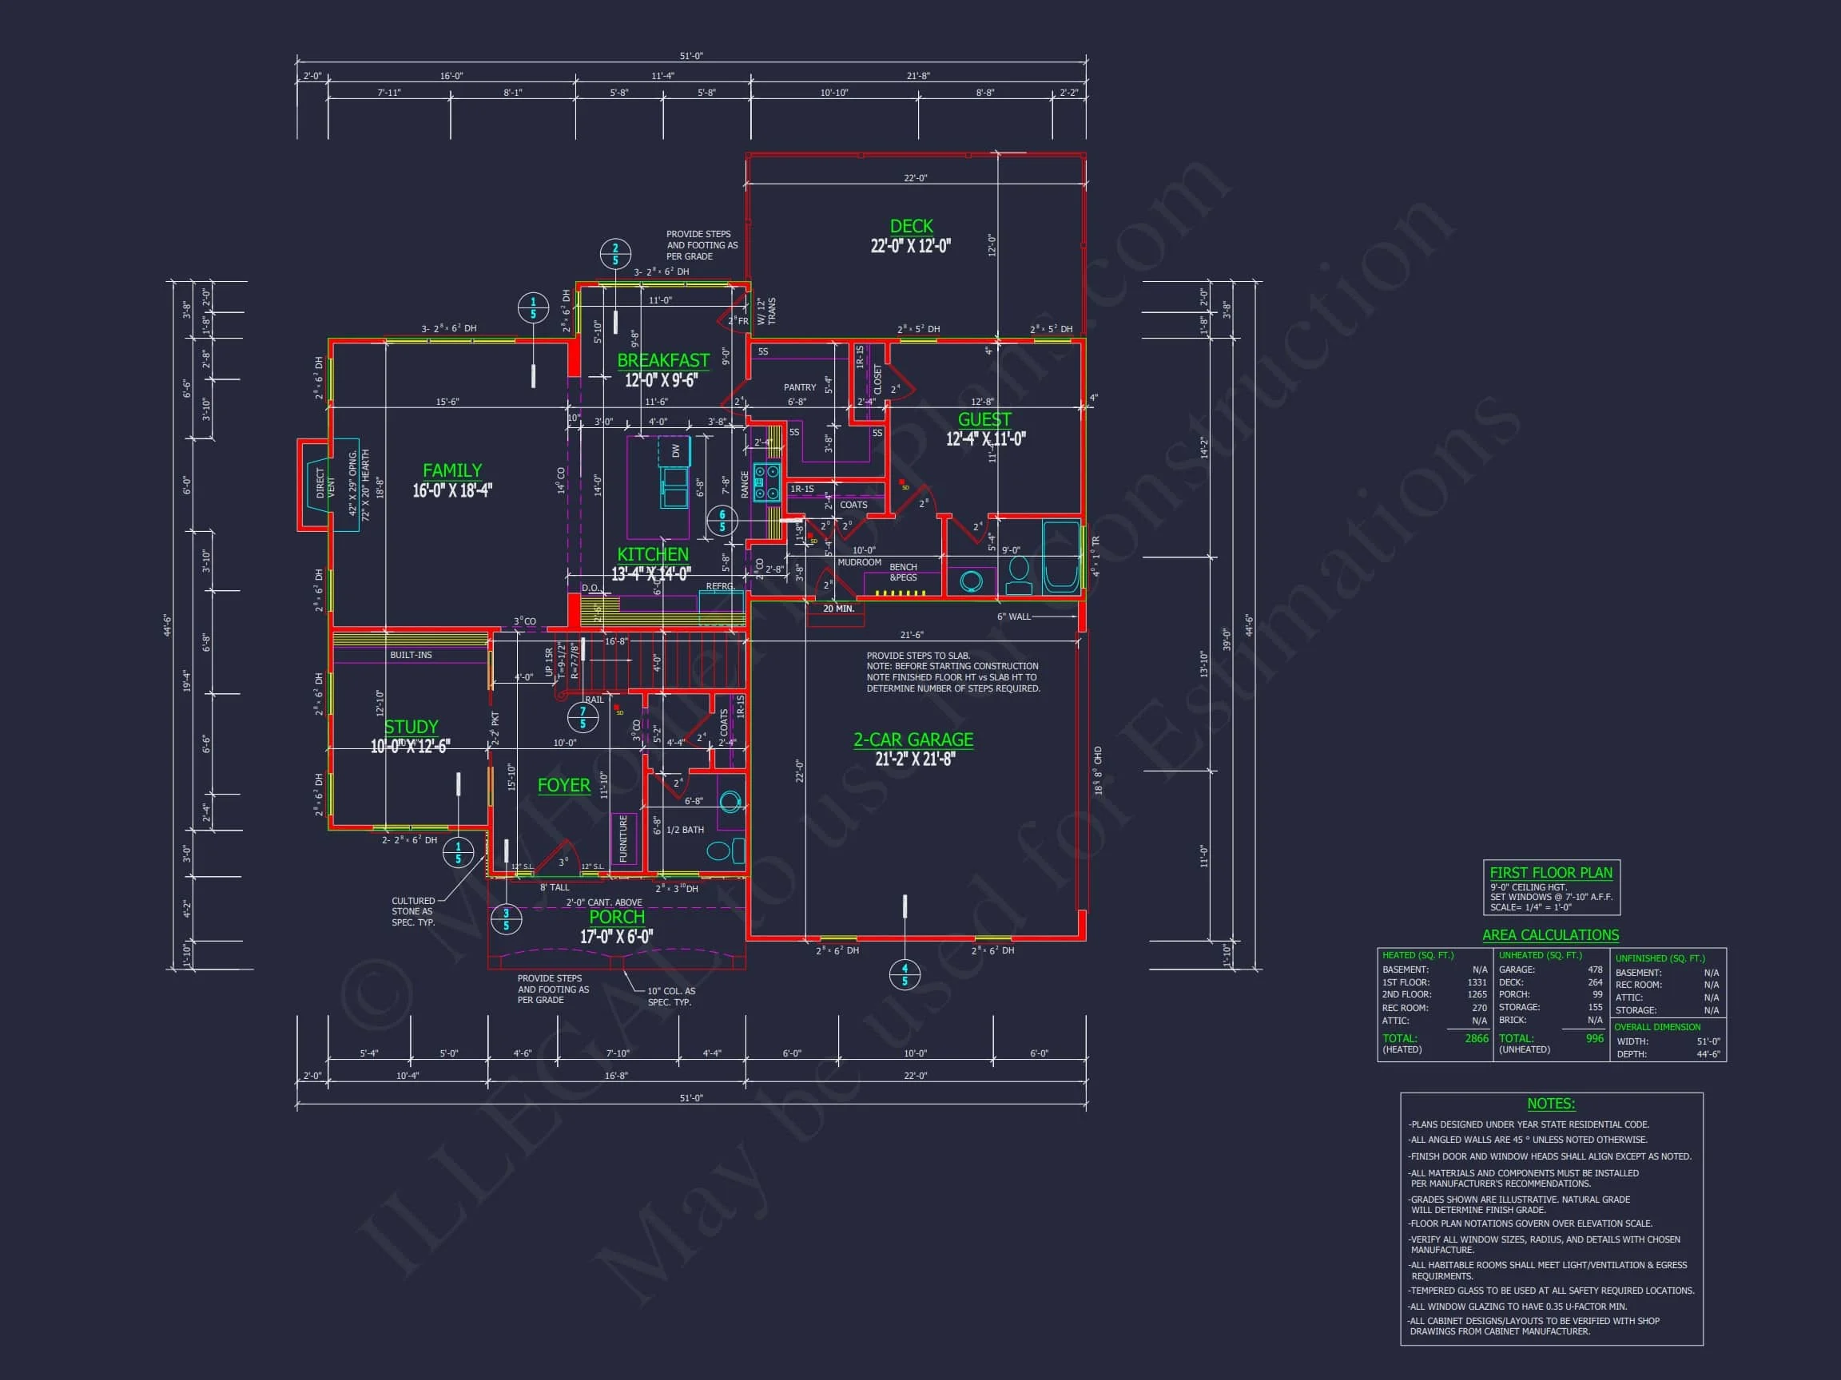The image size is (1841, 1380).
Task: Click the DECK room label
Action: (x=912, y=226)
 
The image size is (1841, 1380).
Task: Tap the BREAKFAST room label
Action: (x=662, y=360)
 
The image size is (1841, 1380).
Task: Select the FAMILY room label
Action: (x=452, y=471)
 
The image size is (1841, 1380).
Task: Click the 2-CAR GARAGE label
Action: (x=913, y=740)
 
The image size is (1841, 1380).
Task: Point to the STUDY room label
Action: (x=411, y=727)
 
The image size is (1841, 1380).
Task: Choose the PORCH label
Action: (x=617, y=917)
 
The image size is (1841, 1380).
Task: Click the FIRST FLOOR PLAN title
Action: (x=1550, y=873)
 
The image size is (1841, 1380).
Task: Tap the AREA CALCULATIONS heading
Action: (x=1549, y=935)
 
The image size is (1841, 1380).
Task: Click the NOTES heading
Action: (x=1550, y=1104)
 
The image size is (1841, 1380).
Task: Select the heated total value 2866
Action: (x=1476, y=1038)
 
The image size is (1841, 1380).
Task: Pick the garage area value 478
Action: (x=1595, y=969)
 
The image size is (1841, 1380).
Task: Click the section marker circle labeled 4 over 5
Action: (x=905, y=974)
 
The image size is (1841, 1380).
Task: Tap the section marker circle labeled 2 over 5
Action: (x=615, y=254)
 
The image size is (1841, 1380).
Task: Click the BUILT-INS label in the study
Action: (x=412, y=655)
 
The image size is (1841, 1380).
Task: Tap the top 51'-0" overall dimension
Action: (x=691, y=56)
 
